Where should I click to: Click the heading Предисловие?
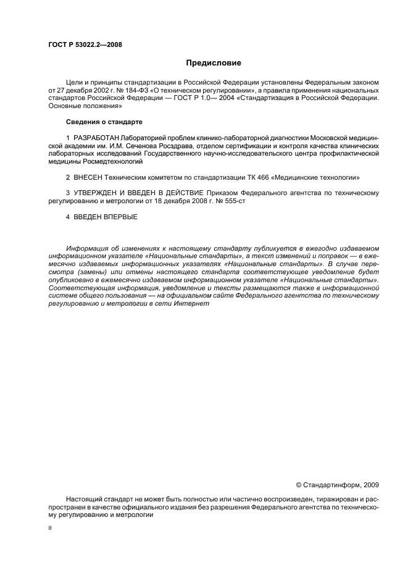[x=214, y=63]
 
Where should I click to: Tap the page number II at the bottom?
[x=49, y=528]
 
